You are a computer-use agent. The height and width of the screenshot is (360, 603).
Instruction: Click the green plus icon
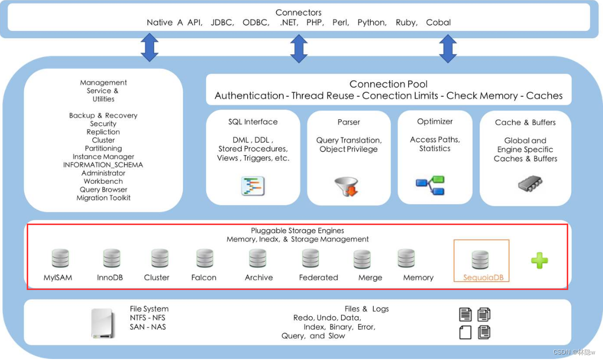[x=539, y=260]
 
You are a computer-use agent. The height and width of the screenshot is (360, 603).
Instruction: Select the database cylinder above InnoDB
[x=111, y=258]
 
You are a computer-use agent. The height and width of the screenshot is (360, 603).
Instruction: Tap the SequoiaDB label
[x=483, y=277]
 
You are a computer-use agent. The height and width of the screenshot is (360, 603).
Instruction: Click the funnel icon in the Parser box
[x=347, y=186]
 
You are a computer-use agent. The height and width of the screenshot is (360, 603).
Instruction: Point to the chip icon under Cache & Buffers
[x=530, y=184]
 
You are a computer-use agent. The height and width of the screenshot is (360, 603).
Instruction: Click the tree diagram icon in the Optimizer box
[x=430, y=185]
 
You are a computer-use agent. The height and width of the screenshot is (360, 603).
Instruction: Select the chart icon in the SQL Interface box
[x=253, y=186]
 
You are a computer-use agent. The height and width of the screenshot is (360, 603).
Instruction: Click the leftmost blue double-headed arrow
[x=150, y=47]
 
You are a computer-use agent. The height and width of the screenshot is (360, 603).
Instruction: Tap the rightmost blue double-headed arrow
[x=448, y=48]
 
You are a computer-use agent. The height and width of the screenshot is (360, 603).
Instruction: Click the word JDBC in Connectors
[x=222, y=22]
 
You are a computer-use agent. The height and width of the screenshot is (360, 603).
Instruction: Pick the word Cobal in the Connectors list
[x=438, y=22]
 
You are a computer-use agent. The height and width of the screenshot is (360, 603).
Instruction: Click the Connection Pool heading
[x=388, y=84]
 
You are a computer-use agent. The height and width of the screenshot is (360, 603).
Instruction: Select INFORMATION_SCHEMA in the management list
[x=103, y=165]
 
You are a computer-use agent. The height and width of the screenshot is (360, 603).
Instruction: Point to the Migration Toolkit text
[x=103, y=198]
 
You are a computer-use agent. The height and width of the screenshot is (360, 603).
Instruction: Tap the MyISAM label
[x=58, y=277]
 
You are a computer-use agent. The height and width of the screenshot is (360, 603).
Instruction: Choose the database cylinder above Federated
[x=310, y=258]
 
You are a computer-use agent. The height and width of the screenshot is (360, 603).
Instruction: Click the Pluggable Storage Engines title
[x=297, y=231]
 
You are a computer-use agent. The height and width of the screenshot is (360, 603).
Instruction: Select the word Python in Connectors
[x=372, y=23]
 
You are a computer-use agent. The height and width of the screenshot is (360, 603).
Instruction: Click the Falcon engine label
[x=204, y=277]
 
